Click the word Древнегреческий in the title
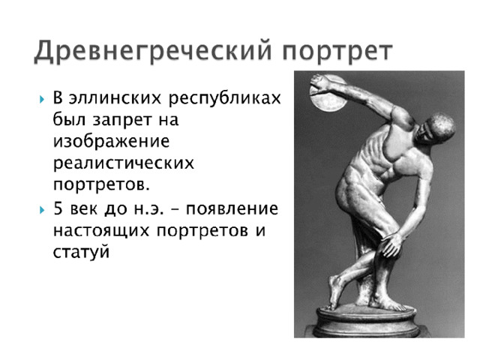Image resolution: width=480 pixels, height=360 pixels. pos(153,51)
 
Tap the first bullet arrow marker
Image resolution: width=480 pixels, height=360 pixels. pos(42,99)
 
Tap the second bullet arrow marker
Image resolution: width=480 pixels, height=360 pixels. pos(42,210)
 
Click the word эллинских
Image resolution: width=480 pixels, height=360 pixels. pos(118,98)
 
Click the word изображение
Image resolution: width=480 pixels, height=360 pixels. pos(112,142)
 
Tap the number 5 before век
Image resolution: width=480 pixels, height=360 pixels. pos(58,208)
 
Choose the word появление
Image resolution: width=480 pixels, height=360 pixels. pos(232,209)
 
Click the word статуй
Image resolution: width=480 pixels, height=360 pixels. pos(81,253)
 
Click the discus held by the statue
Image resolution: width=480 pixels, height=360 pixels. pos(328,94)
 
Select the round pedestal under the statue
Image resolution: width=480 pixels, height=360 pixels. pos(367,321)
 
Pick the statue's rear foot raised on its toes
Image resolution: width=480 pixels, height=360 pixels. pos(334,292)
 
